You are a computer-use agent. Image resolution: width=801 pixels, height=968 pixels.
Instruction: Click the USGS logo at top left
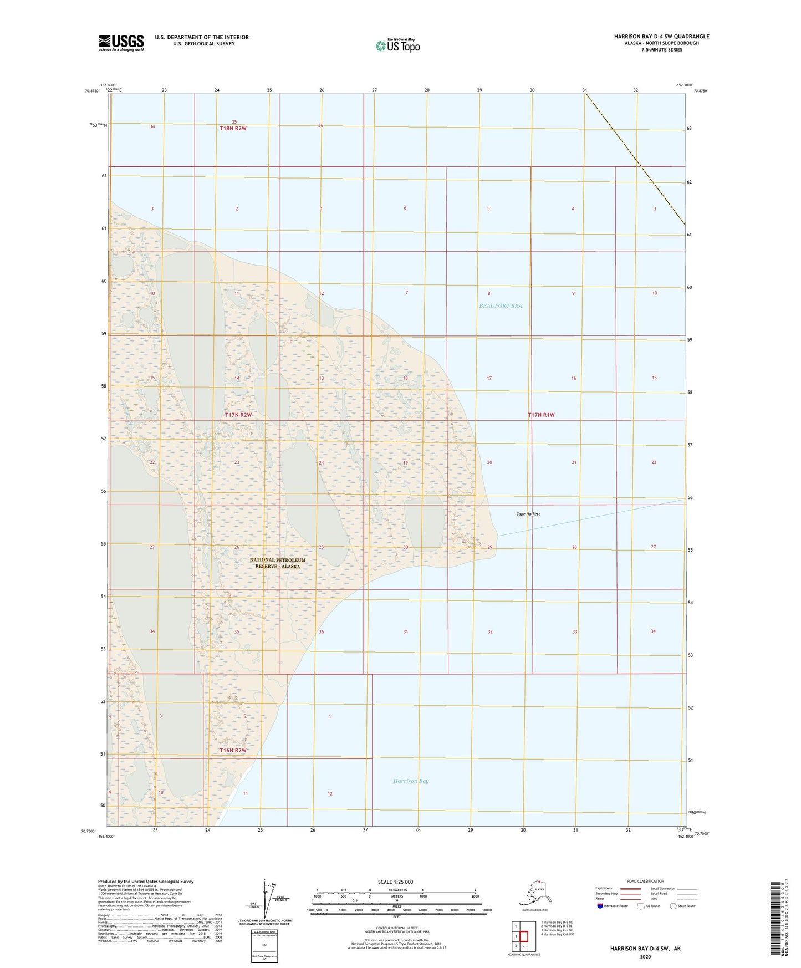121,42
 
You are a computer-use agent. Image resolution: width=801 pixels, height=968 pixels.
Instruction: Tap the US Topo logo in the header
397,45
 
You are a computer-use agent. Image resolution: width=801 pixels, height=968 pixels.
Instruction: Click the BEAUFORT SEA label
500,305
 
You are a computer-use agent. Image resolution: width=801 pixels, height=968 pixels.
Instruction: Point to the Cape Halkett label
528,514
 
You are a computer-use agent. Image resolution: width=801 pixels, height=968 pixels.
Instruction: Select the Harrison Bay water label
411,781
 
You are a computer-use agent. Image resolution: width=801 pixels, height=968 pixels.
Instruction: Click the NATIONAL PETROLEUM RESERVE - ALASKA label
277,563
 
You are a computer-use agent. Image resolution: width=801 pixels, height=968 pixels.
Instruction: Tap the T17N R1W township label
541,415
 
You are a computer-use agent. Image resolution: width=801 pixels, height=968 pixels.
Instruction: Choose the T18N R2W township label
233,128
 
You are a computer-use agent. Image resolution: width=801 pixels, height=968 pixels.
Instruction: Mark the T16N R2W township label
233,750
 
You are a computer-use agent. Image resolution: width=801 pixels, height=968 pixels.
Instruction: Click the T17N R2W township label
238,415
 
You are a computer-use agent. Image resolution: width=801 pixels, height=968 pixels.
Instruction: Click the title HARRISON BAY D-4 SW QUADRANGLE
661,37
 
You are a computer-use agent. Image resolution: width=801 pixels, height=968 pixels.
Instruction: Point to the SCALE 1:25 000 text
396,882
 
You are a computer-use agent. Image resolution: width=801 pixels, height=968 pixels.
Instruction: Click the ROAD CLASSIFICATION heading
645,881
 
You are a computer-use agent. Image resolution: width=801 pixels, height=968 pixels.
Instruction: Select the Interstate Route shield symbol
601,905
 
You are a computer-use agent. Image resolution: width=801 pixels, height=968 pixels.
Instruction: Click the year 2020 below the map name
645,956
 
